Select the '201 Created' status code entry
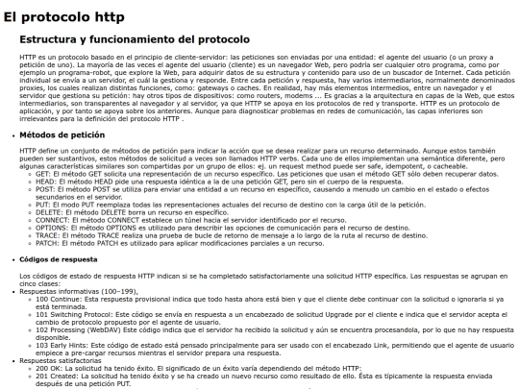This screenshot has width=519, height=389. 56,377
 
